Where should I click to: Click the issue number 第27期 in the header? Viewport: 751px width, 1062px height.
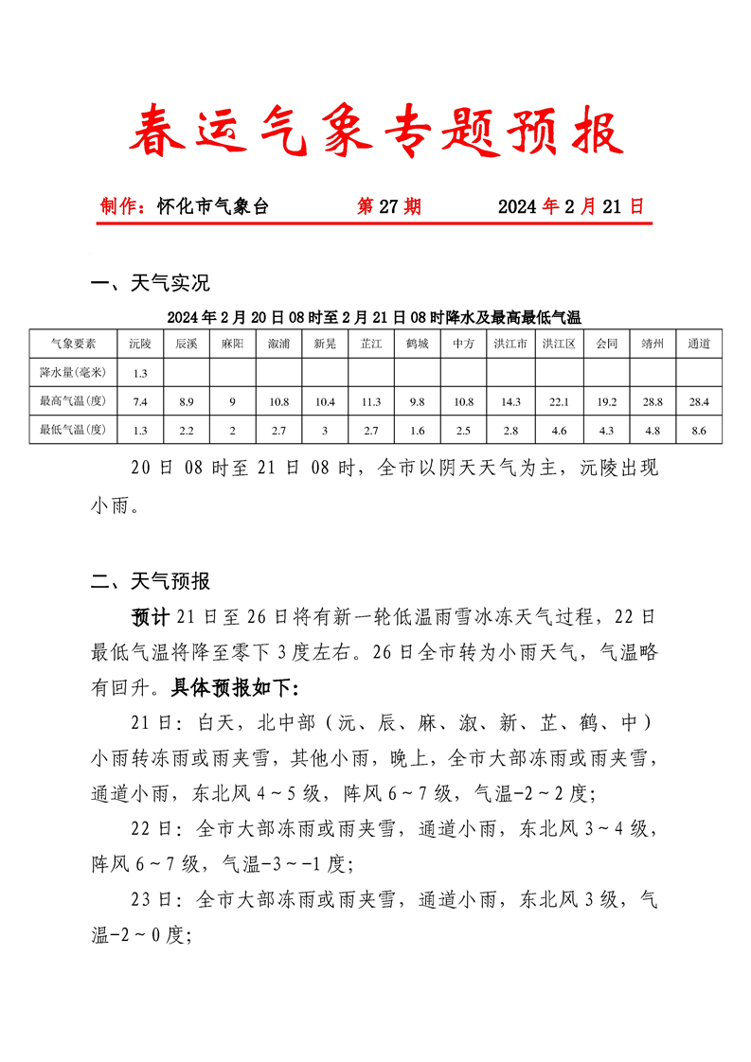(x=388, y=206)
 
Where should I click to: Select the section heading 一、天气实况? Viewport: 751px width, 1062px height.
(x=150, y=282)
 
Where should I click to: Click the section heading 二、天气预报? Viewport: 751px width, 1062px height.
(x=150, y=580)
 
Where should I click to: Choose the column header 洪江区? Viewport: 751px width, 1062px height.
(x=559, y=345)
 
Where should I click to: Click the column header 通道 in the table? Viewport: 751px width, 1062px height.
(x=699, y=345)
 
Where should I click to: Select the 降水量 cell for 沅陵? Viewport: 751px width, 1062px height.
(x=140, y=373)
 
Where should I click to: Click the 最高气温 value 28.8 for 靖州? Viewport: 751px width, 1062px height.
(x=653, y=402)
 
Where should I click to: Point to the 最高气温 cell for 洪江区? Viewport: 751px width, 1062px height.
(x=559, y=402)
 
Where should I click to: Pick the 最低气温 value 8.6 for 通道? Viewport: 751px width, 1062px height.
(x=699, y=431)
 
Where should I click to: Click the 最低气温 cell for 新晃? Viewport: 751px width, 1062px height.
(x=325, y=431)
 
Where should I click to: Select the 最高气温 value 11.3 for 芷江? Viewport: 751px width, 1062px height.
(x=371, y=402)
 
